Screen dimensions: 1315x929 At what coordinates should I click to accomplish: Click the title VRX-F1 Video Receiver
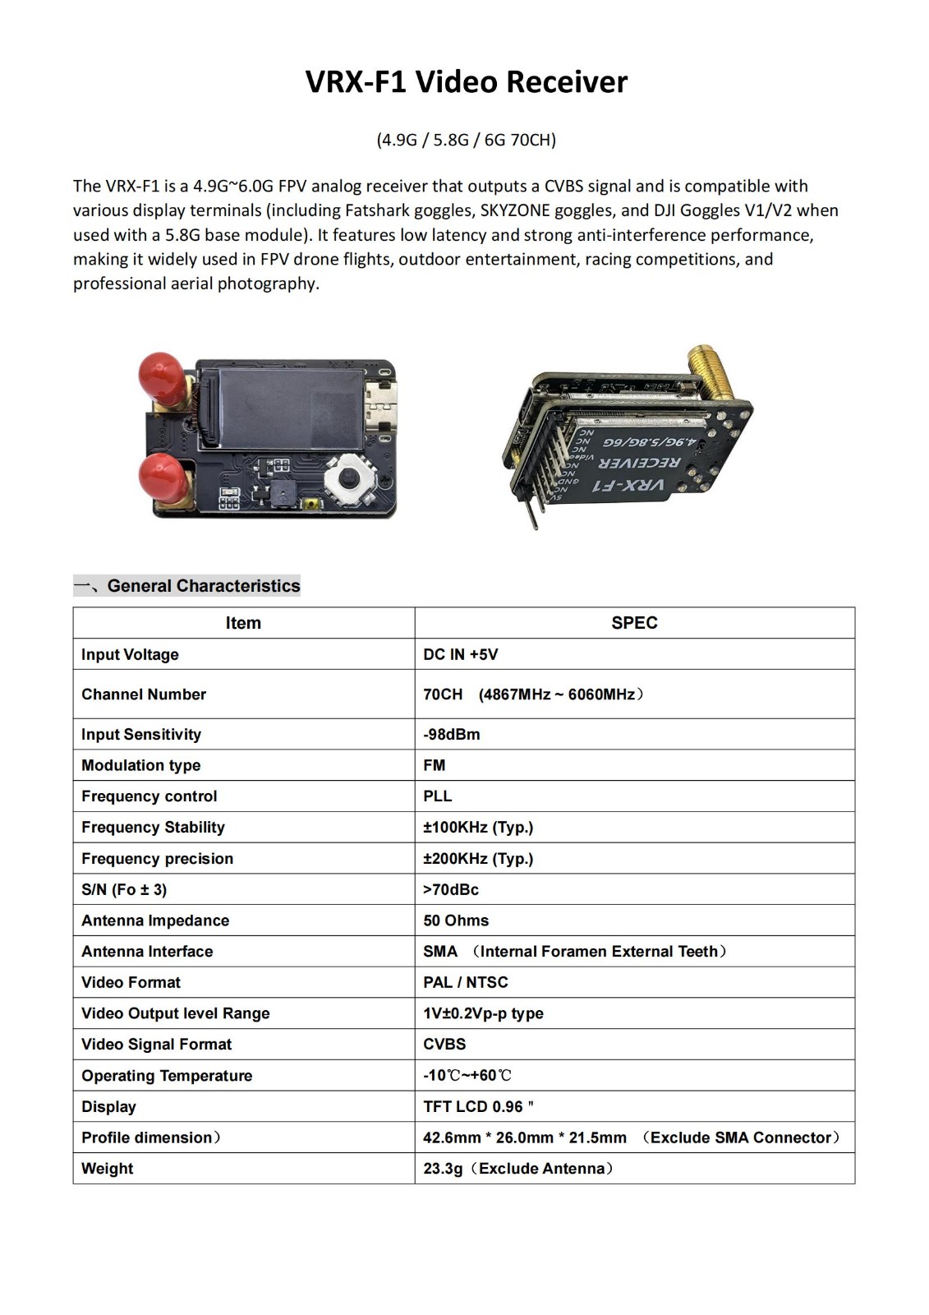(x=466, y=82)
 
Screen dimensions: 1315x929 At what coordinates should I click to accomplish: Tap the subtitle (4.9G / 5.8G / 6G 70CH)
(x=466, y=140)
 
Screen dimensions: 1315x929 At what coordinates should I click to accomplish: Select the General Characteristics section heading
(x=203, y=586)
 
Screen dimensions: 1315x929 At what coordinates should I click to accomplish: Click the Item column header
(x=243, y=623)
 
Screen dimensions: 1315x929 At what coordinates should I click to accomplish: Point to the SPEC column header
(x=634, y=623)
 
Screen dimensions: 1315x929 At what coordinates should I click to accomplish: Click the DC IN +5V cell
(x=461, y=654)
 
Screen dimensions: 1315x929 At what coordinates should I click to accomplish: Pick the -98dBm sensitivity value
(x=452, y=734)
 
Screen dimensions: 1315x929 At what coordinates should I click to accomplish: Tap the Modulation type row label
(x=140, y=765)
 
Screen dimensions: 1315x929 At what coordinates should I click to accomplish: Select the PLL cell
(x=438, y=796)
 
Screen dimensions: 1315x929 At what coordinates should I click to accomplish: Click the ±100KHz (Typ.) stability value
(x=478, y=828)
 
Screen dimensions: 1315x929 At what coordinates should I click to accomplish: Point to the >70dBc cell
(x=451, y=889)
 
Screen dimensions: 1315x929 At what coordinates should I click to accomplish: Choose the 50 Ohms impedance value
(x=456, y=920)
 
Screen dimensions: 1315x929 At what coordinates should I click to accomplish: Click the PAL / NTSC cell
(x=466, y=982)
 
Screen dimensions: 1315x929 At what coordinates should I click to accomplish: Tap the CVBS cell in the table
(x=444, y=1045)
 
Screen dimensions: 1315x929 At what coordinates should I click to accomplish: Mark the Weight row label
(x=107, y=1169)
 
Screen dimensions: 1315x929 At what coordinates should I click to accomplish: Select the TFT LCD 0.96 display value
(x=478, y=1106)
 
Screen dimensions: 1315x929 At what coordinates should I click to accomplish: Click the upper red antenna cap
(x=162, y=376)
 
